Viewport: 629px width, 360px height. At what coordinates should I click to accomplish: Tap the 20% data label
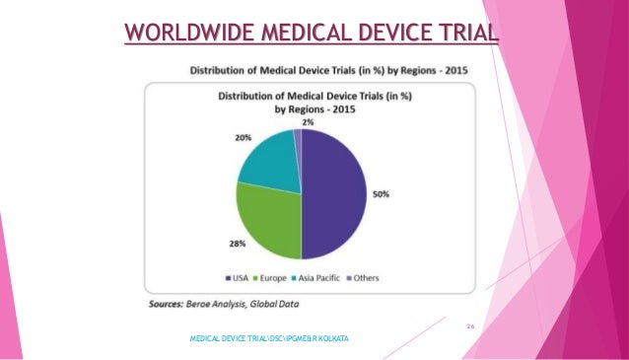pyautogui.click(x=243, y=138)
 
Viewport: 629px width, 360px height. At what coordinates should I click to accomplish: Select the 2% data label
pyautogui.click(x=295, y=120)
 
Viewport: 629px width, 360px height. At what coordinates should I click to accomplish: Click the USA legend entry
pyautogui.click(x=237, y=278)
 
